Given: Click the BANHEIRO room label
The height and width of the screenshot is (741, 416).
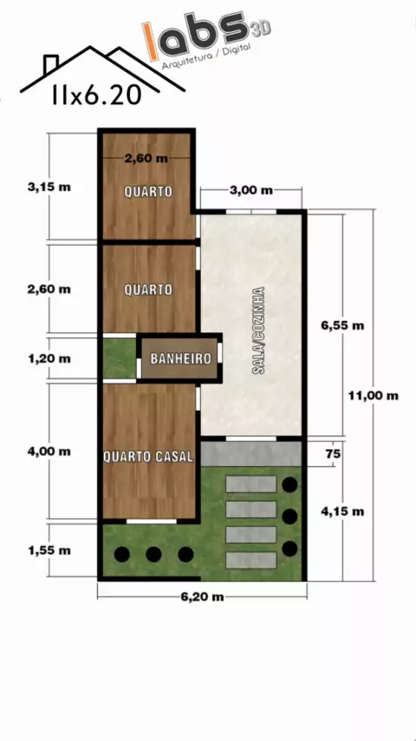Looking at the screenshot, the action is (180, 358).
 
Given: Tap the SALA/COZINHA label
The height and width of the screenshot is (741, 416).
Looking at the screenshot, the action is (258, 331).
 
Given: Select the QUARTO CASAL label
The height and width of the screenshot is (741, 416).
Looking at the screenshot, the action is (148, 457).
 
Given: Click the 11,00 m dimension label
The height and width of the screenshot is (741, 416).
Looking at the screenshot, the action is (373, 396).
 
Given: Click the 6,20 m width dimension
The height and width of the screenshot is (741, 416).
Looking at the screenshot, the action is (202, 597).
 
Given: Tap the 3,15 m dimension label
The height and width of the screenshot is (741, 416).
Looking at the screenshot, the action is (49, 187).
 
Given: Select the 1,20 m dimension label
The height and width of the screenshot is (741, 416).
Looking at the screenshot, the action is (49, 358).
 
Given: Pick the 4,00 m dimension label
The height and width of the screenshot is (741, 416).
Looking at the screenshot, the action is (49, 452).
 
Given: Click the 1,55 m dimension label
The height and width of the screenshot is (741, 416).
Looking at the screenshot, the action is (49, 551).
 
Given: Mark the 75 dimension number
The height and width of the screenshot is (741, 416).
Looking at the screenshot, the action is (334, 455).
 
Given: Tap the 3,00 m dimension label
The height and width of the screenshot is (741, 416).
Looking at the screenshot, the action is (251, 190).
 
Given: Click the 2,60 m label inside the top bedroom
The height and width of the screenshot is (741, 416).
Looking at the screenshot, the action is (146, 159).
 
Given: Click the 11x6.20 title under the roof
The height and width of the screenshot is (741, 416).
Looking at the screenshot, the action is (97, 95).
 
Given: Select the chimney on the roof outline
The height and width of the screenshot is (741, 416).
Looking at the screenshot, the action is (50, 64).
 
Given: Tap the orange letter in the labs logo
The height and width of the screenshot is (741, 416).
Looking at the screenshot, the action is (152, 42).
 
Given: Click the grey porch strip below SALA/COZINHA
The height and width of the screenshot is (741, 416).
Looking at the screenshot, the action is (251, 454).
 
